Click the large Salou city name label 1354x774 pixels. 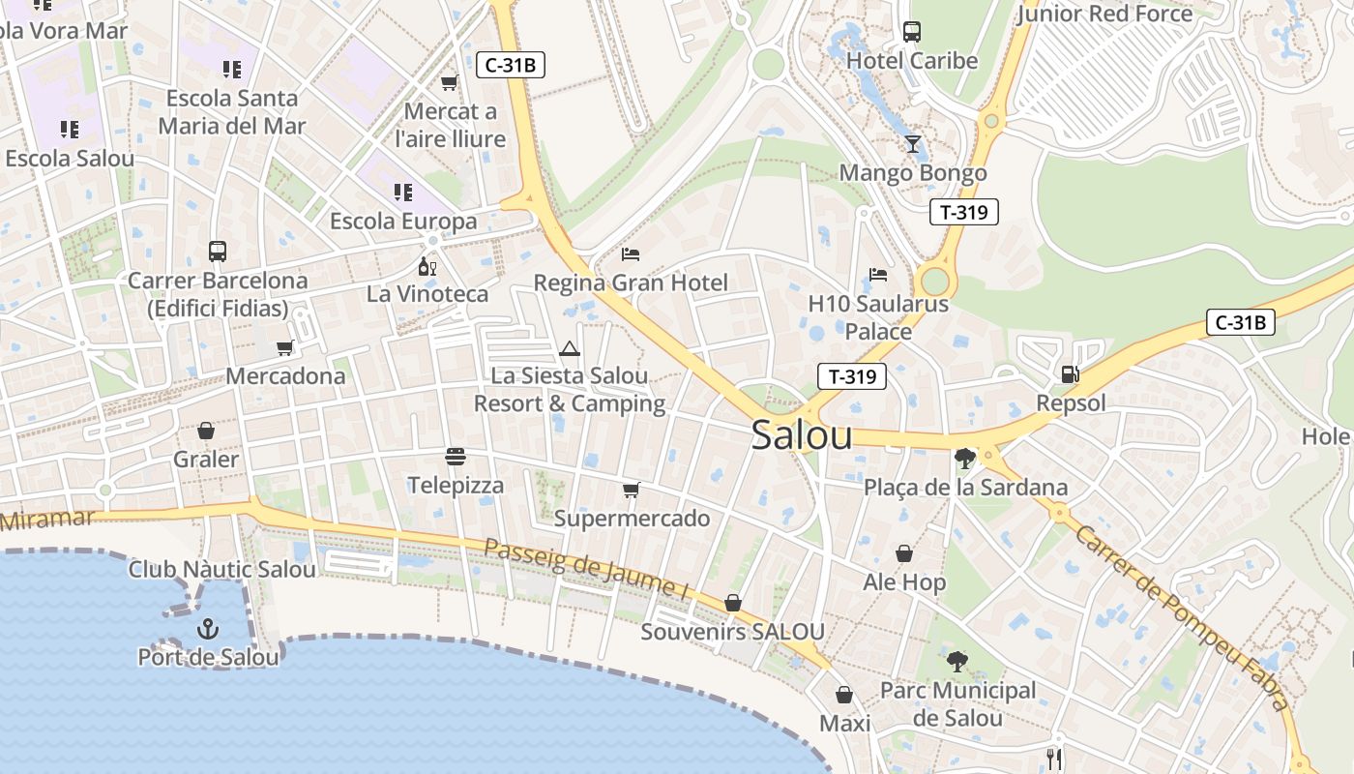pos(802,435)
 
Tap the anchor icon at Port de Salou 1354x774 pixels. pos(207,630)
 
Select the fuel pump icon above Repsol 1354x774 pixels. pos(1070,372)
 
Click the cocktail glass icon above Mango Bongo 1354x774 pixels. pos(912,144)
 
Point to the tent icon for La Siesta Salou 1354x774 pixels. pos(569,348)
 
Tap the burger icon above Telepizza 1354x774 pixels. pos(456,456)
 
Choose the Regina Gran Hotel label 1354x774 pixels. pos(631,283)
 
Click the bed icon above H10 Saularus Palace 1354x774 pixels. pos(878,275)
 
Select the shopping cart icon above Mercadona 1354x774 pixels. pos(284,347)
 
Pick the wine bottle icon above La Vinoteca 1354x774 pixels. pos(427,266)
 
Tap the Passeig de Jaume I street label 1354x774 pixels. pos(585,567)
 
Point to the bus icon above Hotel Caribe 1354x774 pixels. pos(912,32)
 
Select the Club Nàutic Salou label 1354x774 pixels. pos(222,569)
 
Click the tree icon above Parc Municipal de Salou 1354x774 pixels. pos(957,662)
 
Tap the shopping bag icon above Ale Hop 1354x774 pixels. pos(904,553)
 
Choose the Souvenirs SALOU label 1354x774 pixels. pos(733,632)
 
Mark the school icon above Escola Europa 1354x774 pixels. pos(403,192)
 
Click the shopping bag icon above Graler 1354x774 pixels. pos(205,430)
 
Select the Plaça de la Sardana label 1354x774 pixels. pos(965,488)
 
